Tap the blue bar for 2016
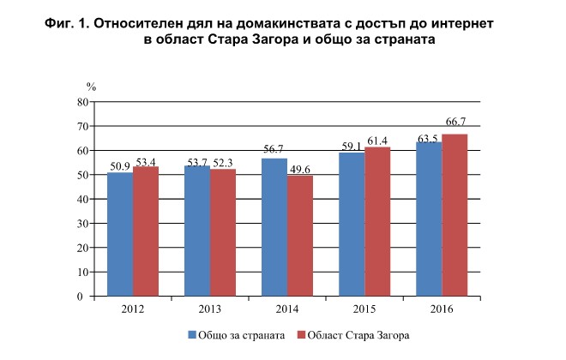[x=428, y=219]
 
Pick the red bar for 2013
[x=223, y=232]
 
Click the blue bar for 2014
[x=274, y=227]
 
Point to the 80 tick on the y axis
[x=83, y=102]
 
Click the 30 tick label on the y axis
[x=83, y=224]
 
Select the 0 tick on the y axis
[x=86, y=297]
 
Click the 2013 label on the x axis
[x=209, y=309]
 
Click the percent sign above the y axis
[x=91, y=87]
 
